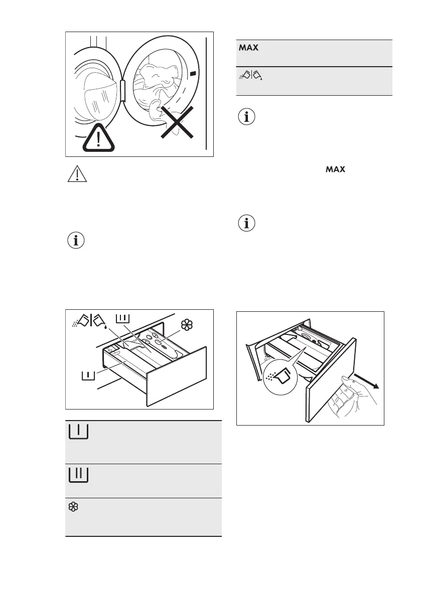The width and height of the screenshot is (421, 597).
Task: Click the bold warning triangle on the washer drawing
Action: pyautogui.click(x=99, y=137)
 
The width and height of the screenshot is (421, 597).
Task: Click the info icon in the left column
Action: pyautogui.click(x=76, y=241)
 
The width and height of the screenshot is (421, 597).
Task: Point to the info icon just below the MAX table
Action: pyautogui.click(x=246, y=118)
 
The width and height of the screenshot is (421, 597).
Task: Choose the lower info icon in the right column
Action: pyautogui.click(x=246, y=224)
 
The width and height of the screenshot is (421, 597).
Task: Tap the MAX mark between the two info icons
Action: pyautogui.click(x=336, y=170)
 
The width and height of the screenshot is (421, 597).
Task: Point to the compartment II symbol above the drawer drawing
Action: pyautogui.click(x=123, y=318)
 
